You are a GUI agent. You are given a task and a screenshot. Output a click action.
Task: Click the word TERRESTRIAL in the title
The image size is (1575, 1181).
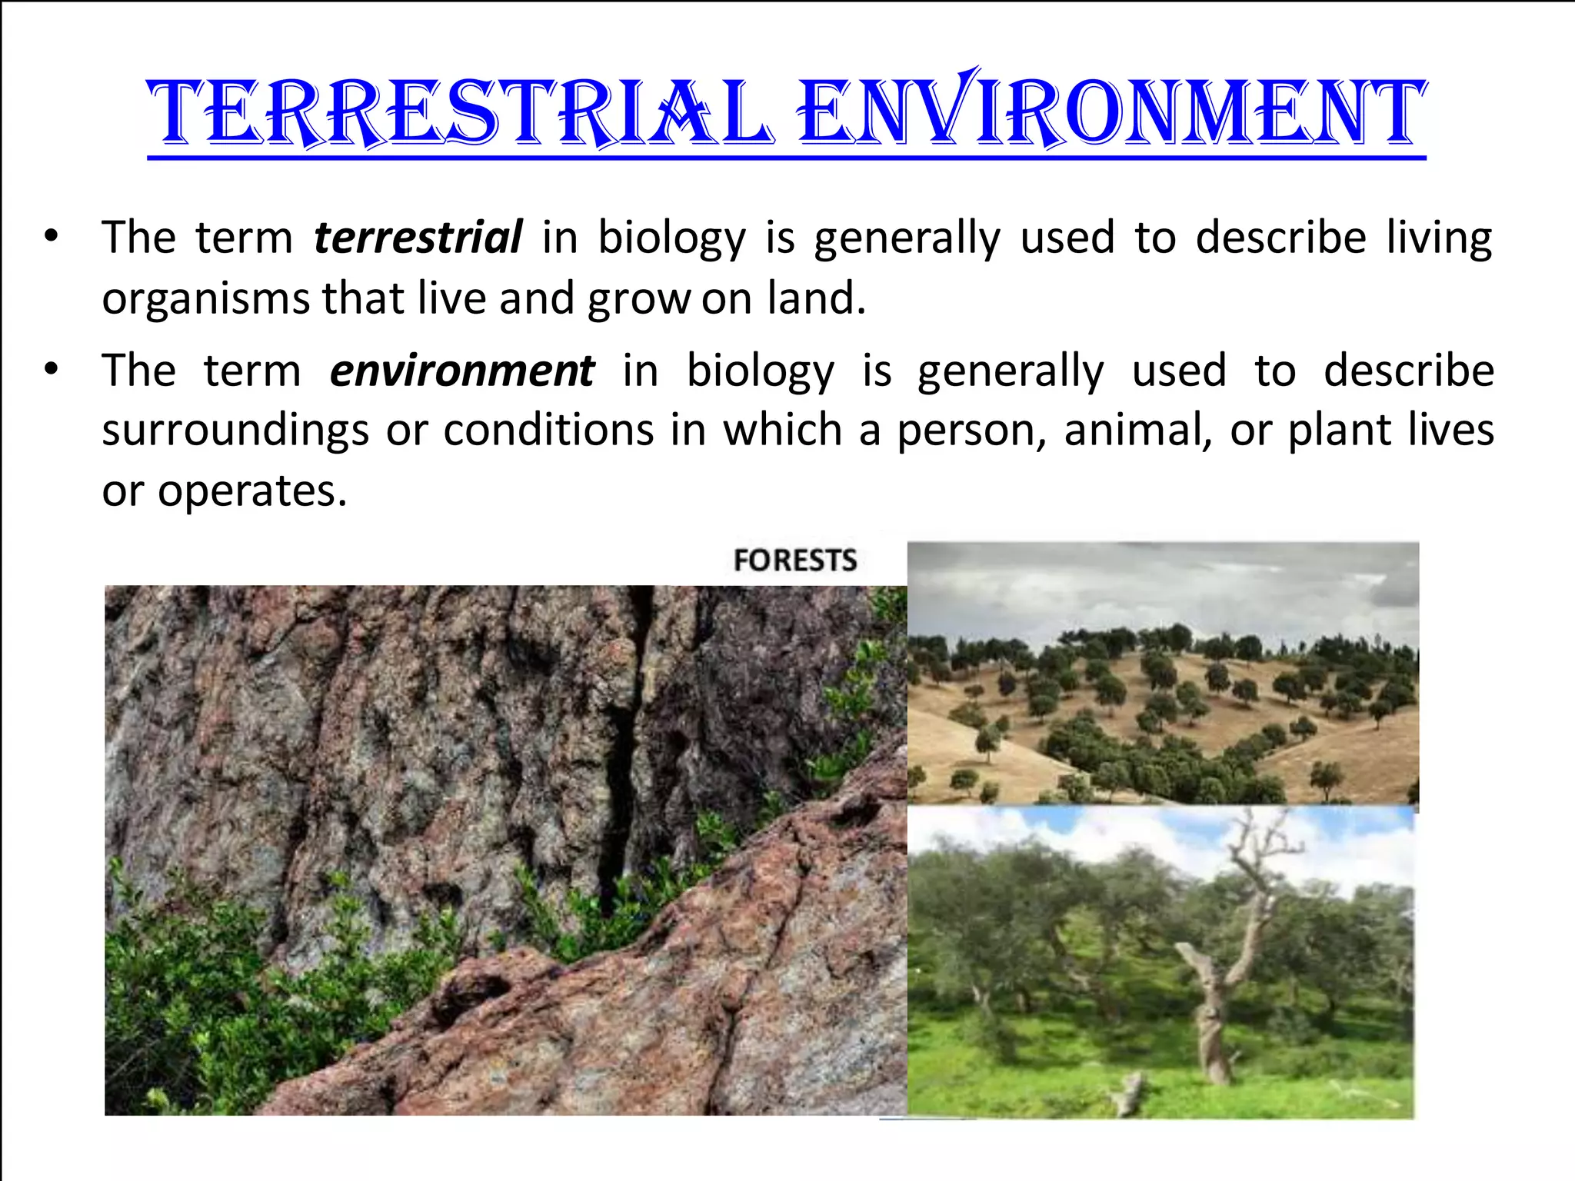click(459, 114)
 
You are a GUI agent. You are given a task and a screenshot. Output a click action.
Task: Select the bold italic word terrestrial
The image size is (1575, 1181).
click(418, 237)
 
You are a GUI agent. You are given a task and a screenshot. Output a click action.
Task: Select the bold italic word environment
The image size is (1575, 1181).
click(461, 371)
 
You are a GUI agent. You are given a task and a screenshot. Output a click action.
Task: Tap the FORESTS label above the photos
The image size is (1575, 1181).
click(794, 561)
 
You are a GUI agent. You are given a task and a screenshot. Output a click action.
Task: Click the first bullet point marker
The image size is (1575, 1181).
click(51, 237)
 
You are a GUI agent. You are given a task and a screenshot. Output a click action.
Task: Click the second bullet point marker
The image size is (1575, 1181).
click(51, 371)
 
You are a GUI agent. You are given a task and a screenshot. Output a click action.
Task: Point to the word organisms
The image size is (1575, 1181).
click(206, 299)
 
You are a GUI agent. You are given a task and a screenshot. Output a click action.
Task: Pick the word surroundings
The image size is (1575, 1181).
click(235, 431)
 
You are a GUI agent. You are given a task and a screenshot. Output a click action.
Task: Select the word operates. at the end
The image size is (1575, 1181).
click(252, 491)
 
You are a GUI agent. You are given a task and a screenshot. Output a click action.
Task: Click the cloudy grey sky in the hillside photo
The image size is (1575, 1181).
click(1154, 584)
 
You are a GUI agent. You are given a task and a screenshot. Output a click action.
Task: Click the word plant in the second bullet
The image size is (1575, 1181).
click(1340, 431)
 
